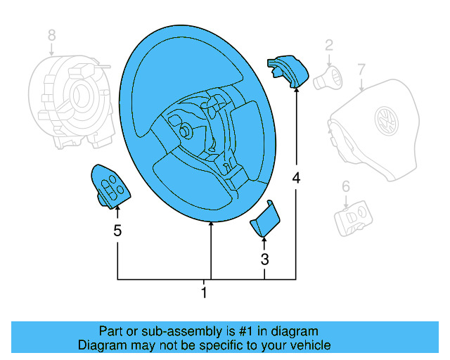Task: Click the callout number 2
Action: (328, 46)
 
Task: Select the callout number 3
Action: (264, 259)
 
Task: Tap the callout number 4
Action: (296, 179)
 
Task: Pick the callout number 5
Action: (117, 230)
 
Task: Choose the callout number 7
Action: (361, 69)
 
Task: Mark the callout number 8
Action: (51, 34)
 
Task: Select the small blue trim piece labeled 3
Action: (265, 220)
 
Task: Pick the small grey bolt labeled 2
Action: (328, 77)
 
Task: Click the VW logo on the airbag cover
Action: (386, 120)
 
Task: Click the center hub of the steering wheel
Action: (186, 131)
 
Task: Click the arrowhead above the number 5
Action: (117, 208)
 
